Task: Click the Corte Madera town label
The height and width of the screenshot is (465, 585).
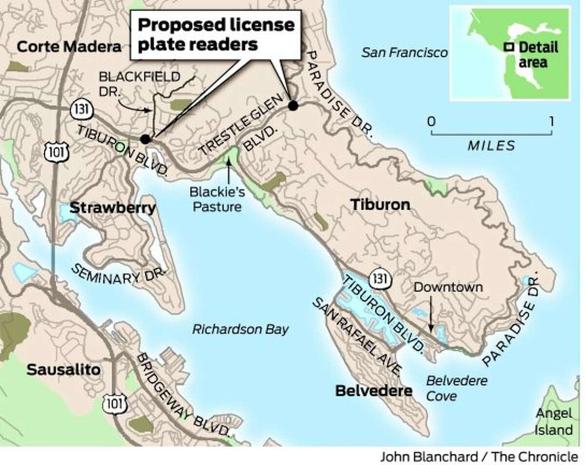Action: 68,47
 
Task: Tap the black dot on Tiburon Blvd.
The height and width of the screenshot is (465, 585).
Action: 145,139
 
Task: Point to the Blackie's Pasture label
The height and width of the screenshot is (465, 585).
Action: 217,201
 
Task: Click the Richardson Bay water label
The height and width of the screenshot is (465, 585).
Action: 240,329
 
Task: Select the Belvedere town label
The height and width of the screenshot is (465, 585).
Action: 374,390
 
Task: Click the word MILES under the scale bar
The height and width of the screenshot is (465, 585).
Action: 491,145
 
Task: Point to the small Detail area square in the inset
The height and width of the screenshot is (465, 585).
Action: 508,48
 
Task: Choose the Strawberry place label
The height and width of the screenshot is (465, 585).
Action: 112,208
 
